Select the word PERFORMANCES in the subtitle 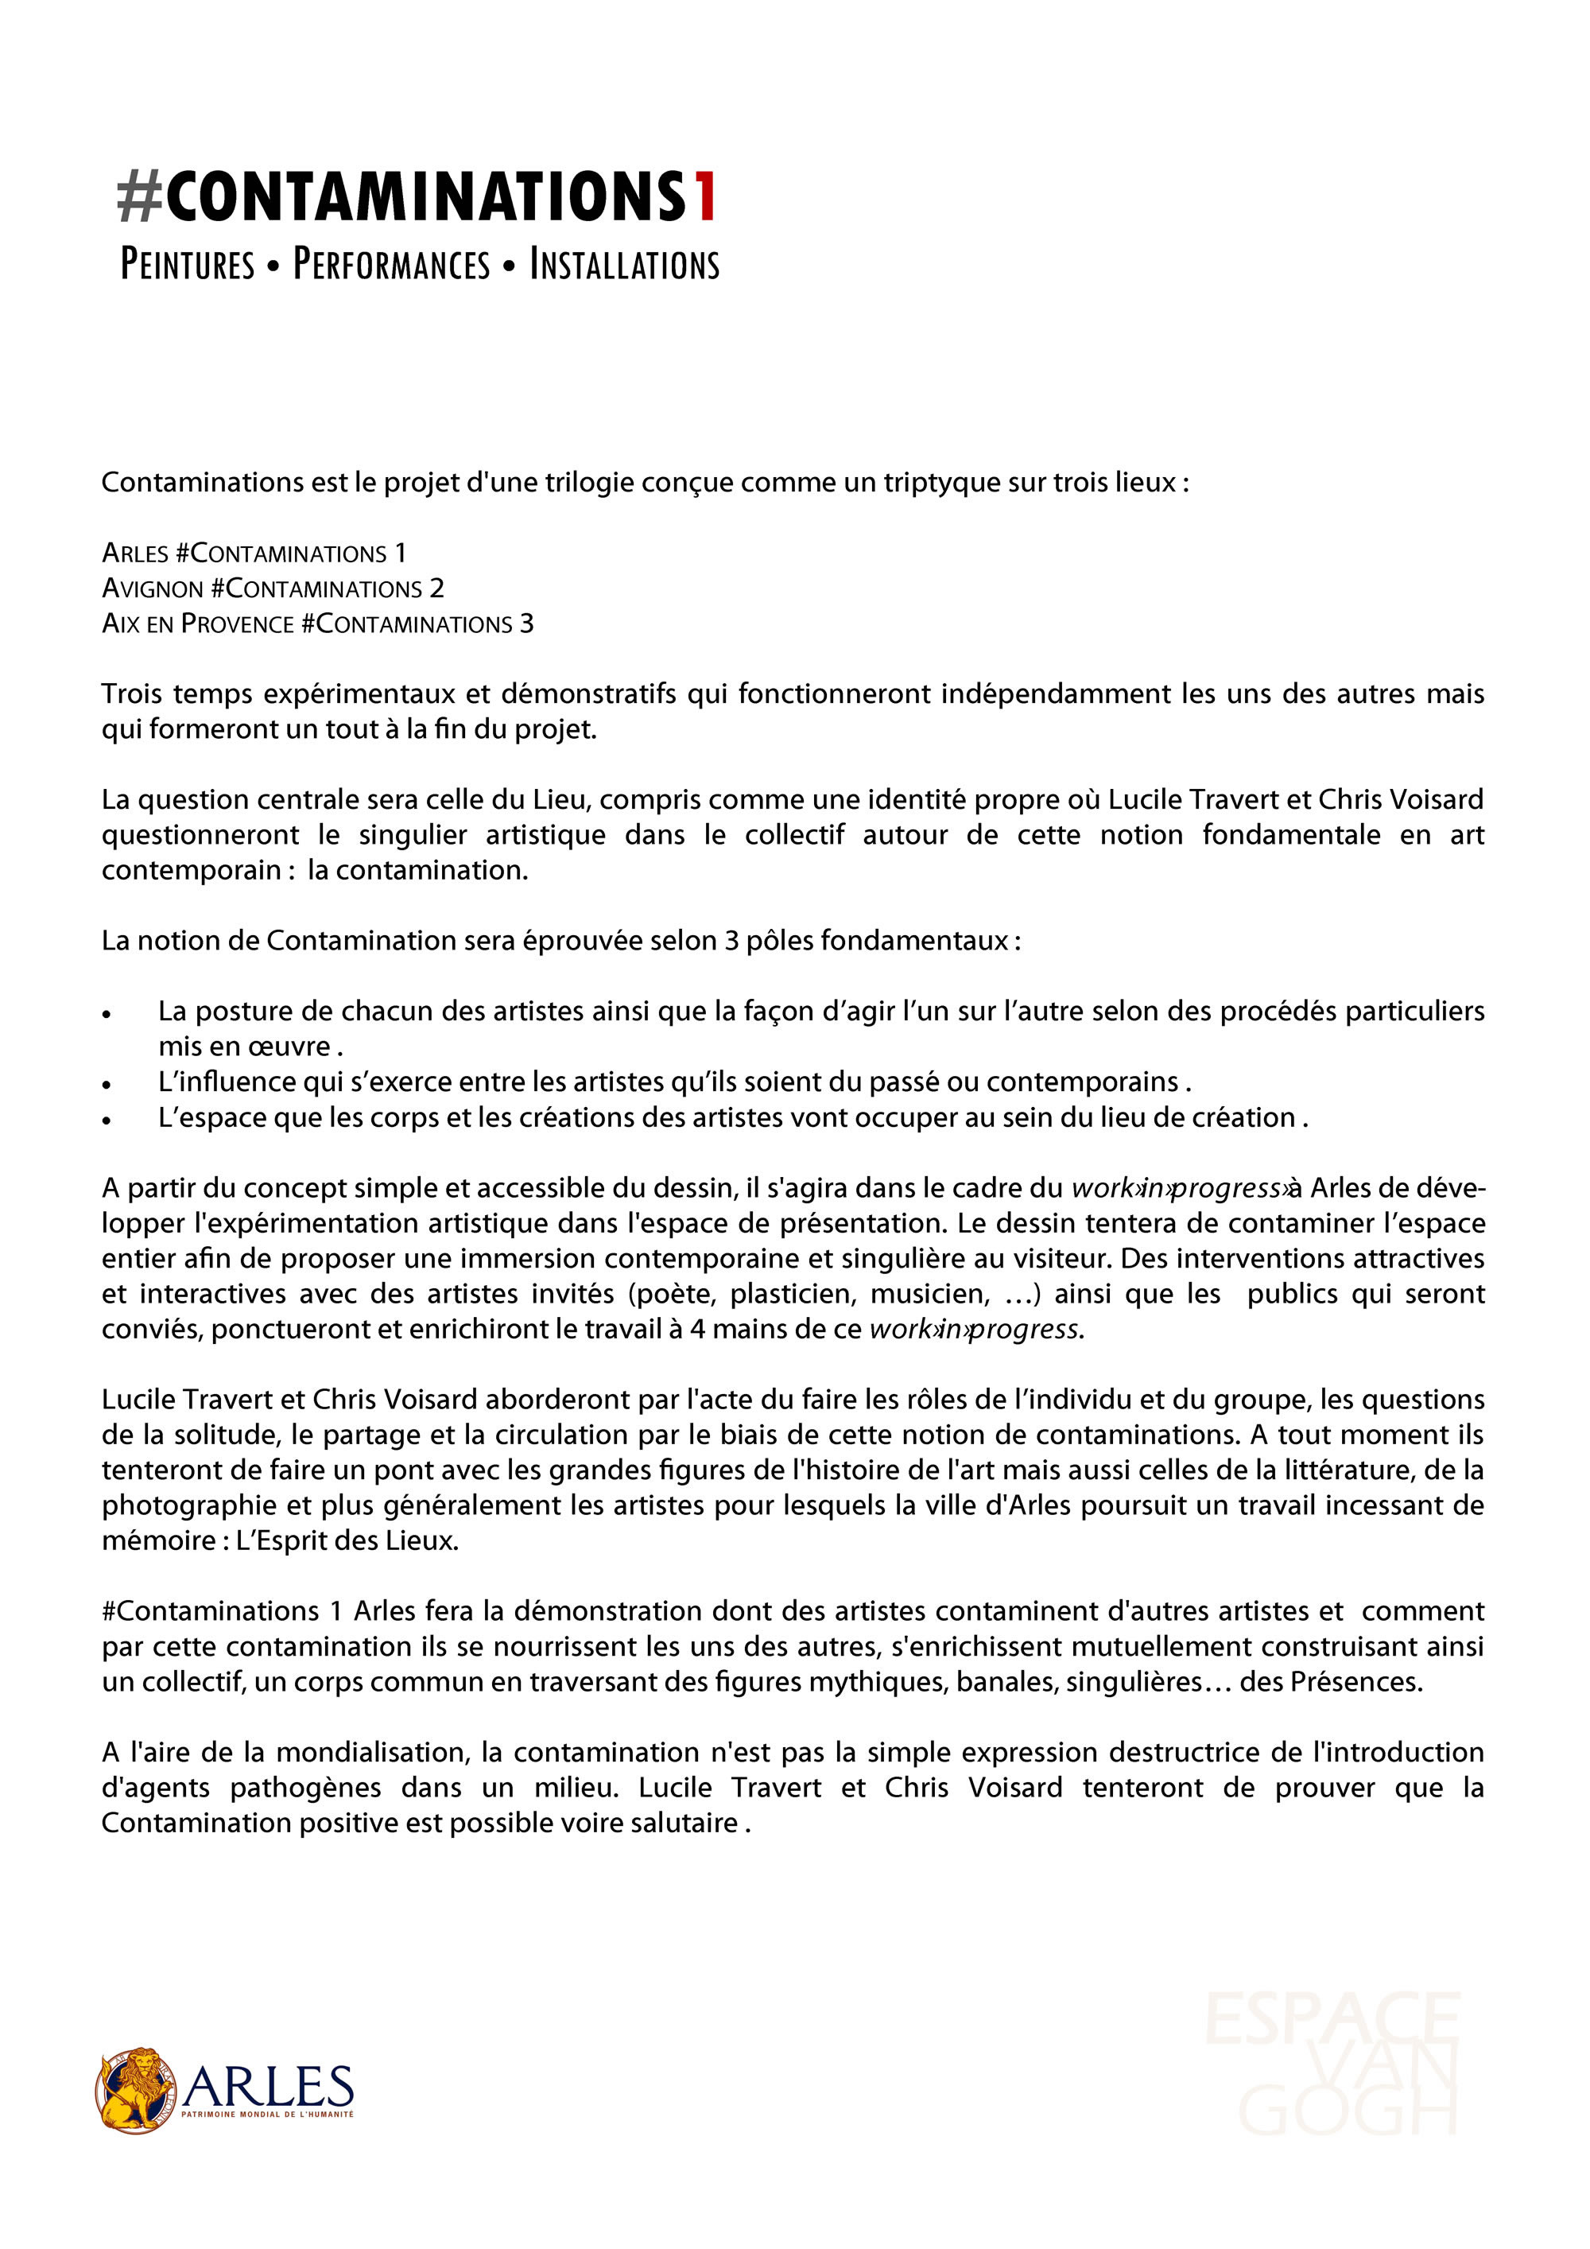coord(392,265)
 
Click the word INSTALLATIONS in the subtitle coord(625,265)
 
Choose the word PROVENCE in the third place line coord(238,624)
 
